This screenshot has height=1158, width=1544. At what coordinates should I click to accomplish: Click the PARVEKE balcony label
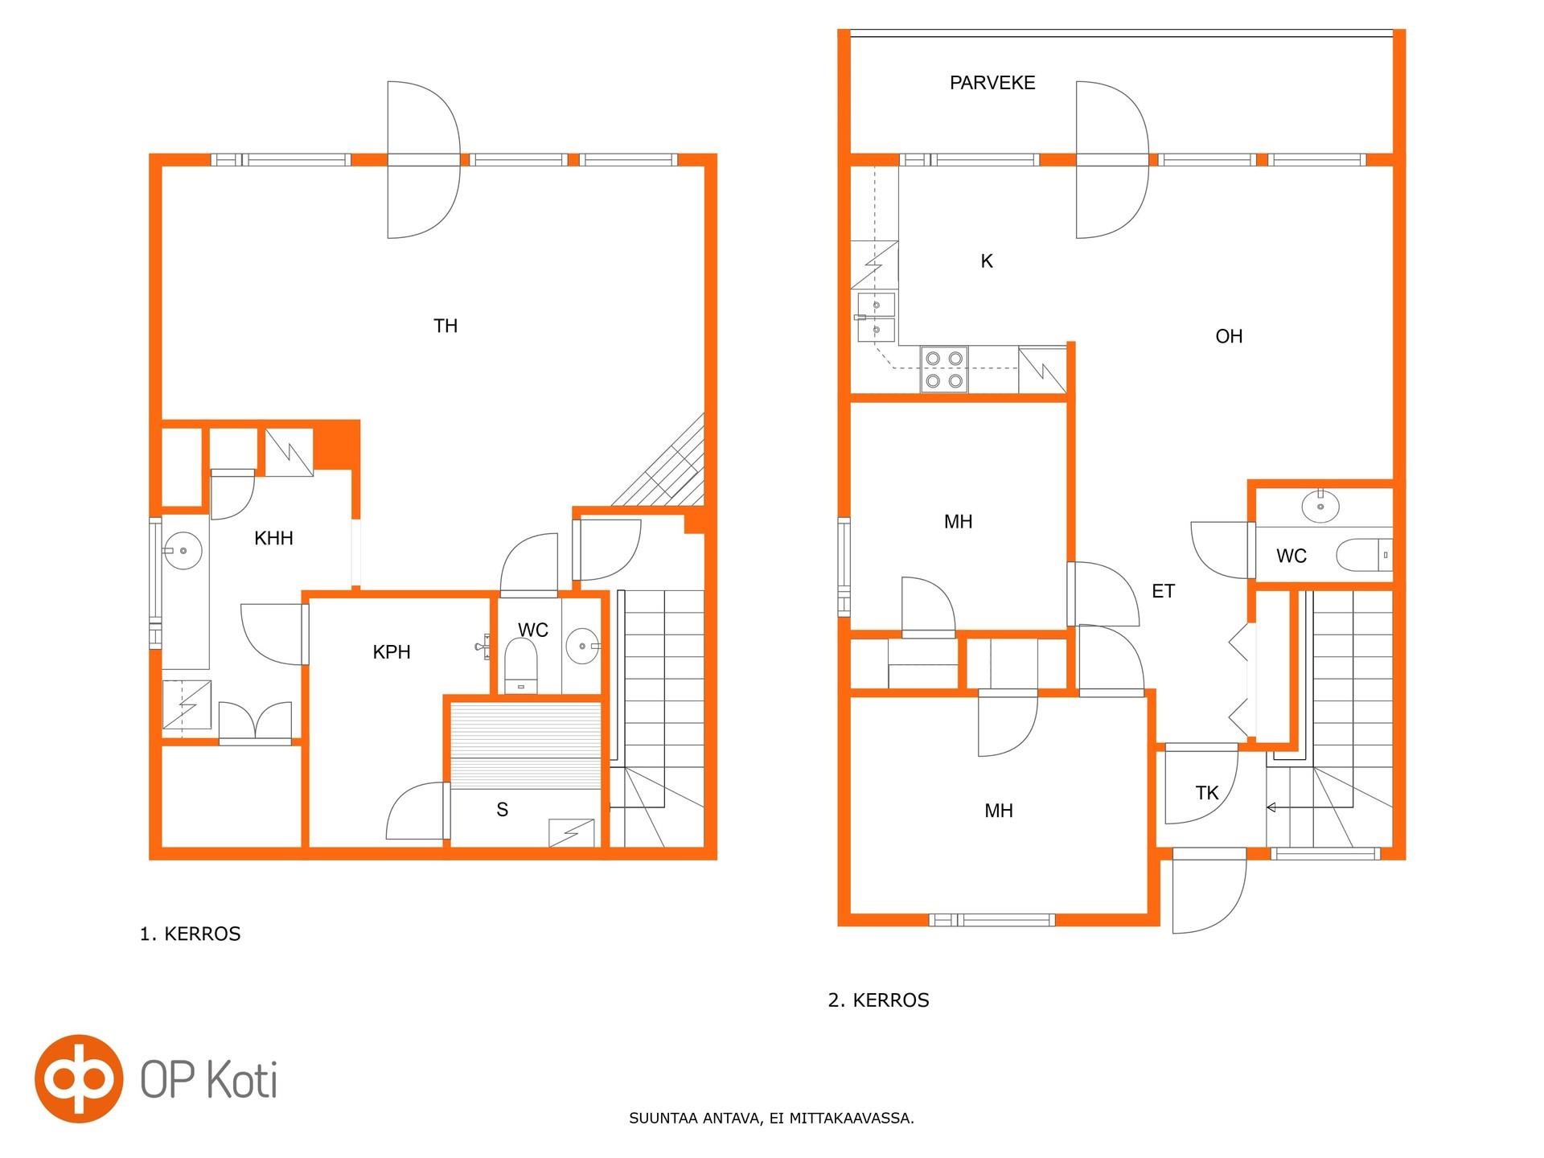click(x=992, y=83)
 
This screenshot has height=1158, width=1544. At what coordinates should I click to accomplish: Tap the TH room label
click(x=446, y=326)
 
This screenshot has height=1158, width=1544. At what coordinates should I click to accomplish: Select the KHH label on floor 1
click(x=273, y=538)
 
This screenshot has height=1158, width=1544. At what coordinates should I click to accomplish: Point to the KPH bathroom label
click(x=392, y=652)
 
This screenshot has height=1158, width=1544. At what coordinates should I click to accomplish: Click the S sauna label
click(x=503, y=810)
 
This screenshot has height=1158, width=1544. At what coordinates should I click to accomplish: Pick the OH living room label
click(x=1229, y=336)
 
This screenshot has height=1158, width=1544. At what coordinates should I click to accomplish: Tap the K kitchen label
click(x=987, y=261)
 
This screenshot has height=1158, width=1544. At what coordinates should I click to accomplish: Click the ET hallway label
click(x=1163, y=591)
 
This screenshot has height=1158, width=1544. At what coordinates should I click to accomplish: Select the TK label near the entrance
click(x=1207, y=793)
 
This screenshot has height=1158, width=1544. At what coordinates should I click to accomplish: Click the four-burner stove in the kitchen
click(x=944, y=369)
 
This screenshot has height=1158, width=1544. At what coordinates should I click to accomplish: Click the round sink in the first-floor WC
click(x=582, y=646)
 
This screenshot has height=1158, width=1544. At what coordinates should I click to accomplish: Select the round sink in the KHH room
click(x=183, y=551)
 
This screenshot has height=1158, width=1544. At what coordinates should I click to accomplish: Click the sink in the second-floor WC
click(x=1320, y=506)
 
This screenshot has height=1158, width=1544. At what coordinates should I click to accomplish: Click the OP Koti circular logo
click(x=79, y=1078)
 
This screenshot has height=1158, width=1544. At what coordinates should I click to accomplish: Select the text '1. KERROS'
click(x=191, y=934)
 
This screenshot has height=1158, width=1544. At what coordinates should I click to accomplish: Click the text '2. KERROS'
click(x=879, y=1000)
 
